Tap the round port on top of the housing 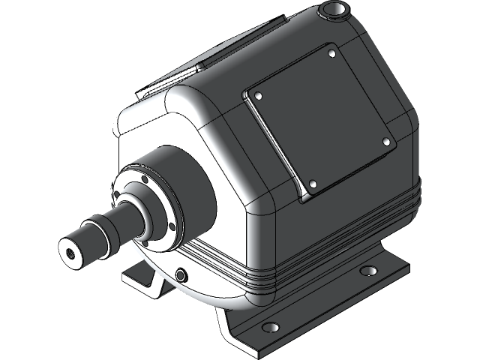pyautogui.click(x=334, y=11)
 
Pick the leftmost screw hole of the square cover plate pyautogui.click(x=256, y=96)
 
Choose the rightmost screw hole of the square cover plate pyautogui.click(x=386, y=140)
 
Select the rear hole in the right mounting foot pyautogui.click(x=367, y=271)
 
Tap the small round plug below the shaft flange pyautogui.click(x=181, y=275)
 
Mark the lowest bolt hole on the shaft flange pyautogui.click(x=143, y=241)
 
